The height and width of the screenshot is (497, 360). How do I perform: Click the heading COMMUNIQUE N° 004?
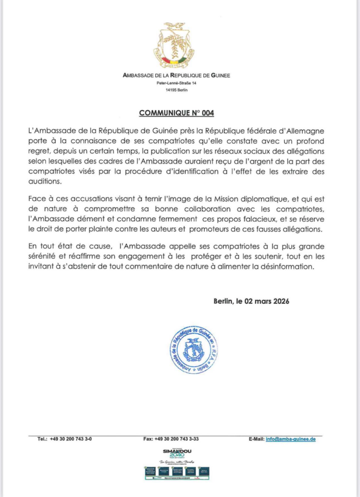(177, 113)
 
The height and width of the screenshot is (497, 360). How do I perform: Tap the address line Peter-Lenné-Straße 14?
(177, 83)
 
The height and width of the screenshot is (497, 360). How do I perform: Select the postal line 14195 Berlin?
(177, 90)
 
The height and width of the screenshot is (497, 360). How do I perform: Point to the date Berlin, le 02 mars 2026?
(251, 301)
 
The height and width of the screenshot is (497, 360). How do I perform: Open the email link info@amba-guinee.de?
(291, 439)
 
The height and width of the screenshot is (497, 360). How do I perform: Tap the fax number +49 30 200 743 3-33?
(177, 439)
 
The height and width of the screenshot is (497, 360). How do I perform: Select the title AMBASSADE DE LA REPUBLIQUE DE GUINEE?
(177, 75)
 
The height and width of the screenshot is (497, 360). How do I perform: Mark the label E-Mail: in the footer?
(256, 439)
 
